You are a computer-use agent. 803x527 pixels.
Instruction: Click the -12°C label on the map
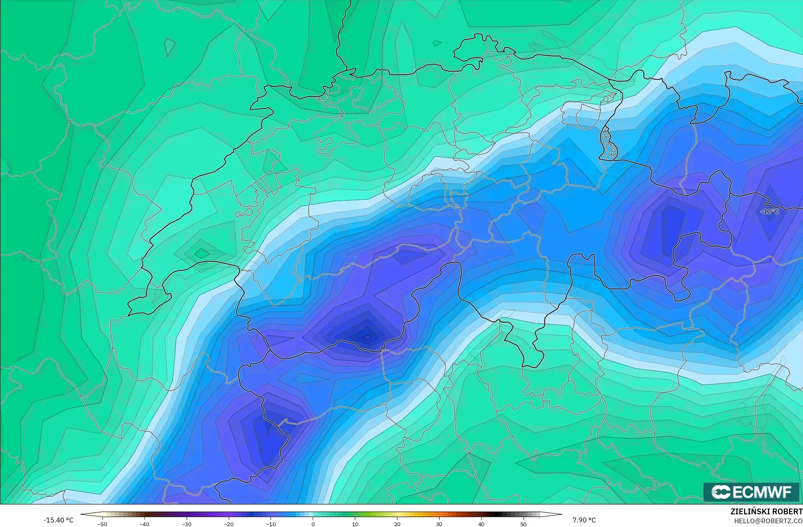tap(769, 211)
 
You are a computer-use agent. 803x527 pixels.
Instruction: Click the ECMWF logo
tap(751, 492)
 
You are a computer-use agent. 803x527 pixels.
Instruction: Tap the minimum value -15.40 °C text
tap(59, 520)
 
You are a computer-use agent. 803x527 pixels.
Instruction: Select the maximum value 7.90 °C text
tap(584, 520)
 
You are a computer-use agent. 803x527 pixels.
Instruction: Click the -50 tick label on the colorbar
tap(102, 524)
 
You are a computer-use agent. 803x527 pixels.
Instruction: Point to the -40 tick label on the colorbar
tap(144, 524)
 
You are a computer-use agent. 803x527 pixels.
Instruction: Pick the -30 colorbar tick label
tap(187, 524)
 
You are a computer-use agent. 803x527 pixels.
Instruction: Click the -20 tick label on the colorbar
tap(229, 524)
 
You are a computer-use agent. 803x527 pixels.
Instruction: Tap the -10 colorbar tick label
tap(271, 524)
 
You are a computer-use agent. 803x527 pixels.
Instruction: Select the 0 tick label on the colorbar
tap(313, 524)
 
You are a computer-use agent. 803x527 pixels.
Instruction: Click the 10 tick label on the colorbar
tap(355, 524)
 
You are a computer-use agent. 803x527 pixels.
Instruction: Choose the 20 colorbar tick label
tap(397, 524)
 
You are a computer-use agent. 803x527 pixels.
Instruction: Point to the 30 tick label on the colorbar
tap(439, 524)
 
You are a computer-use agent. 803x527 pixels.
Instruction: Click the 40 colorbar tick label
tap(481, 524)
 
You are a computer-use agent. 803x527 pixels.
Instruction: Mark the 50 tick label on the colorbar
tap(523, 524)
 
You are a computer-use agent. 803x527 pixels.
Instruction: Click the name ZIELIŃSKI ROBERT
tap(766, 512)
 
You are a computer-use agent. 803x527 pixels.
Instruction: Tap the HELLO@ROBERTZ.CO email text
tap(768, 521)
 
